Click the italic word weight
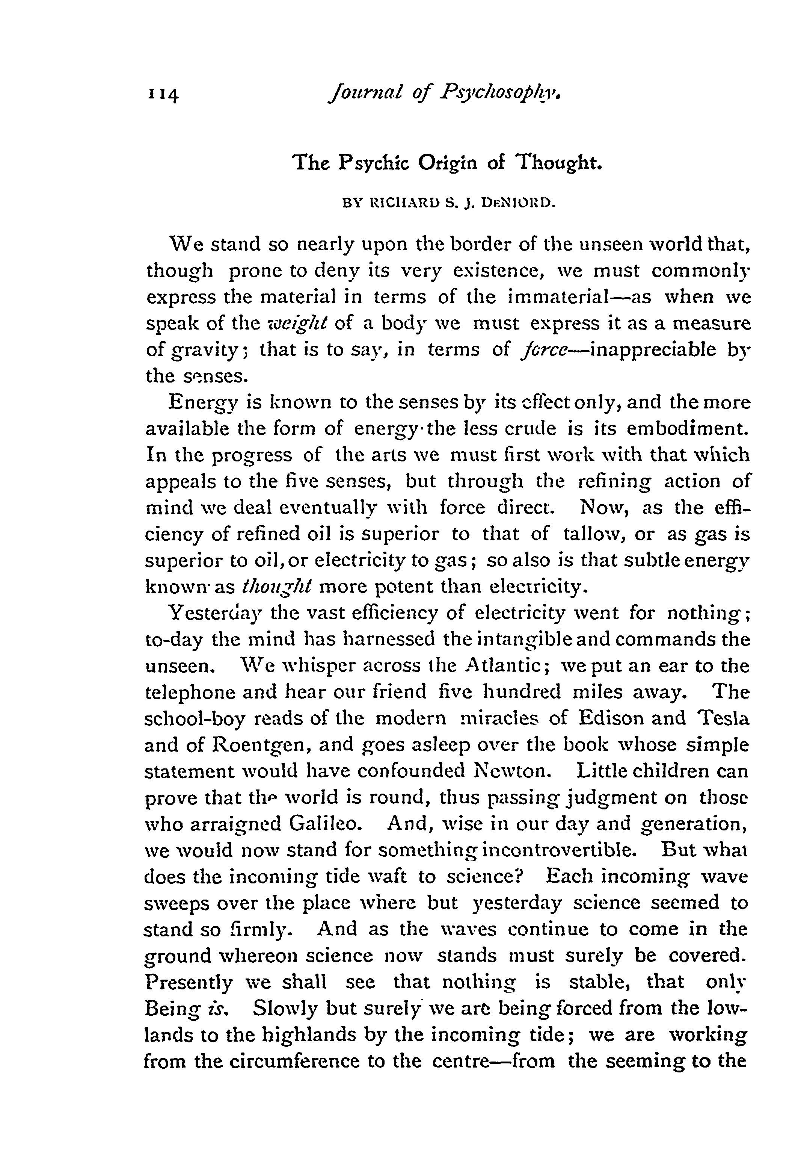tap(299, 323)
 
